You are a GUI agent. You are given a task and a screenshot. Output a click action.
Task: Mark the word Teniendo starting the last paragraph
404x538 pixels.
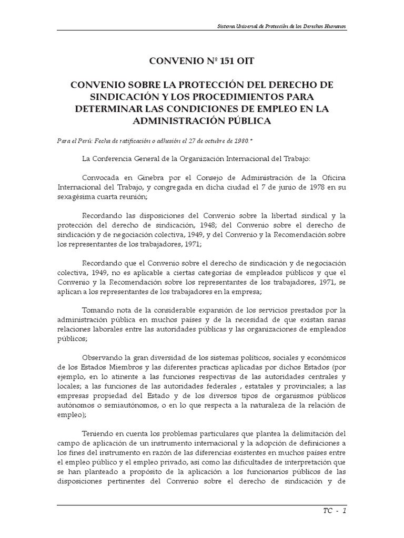pyautogui.click(x=99, y=433)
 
